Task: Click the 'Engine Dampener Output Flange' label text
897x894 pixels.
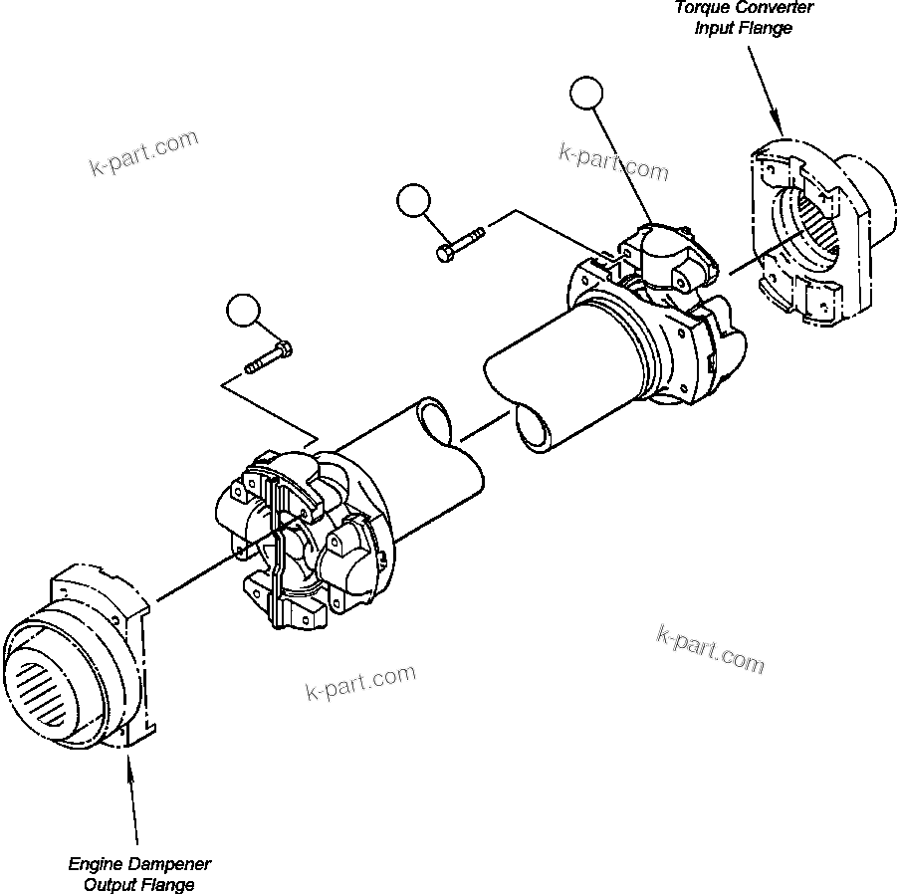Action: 138,874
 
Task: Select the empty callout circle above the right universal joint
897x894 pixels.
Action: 586,95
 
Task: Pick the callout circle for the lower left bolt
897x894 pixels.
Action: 242,311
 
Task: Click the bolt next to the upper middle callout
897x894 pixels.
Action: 459,242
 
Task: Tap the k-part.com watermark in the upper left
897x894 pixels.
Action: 143,152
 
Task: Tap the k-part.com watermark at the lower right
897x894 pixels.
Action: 710,648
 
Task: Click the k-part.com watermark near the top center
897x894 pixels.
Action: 613,161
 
